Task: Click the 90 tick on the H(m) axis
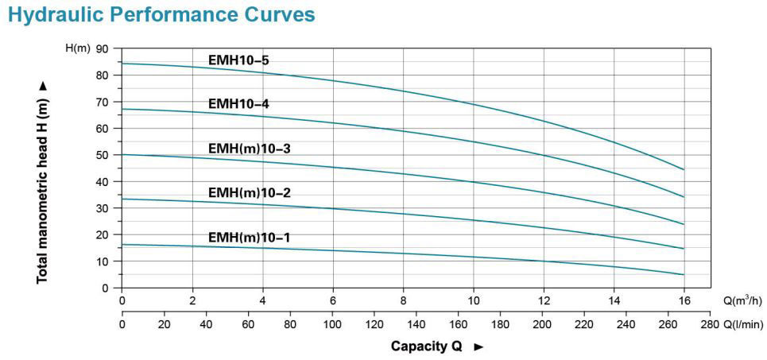[x=102, y=49]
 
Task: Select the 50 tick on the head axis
[x=102, y=155]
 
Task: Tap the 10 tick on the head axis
[x=102, y=261]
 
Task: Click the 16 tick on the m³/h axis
[x=684, y=300]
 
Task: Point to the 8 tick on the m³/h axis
[x=403, y=300]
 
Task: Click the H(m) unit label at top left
[x=77, y=49]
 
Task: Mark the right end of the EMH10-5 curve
[x=684, y=169]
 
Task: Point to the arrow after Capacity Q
[x=478, y=346]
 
